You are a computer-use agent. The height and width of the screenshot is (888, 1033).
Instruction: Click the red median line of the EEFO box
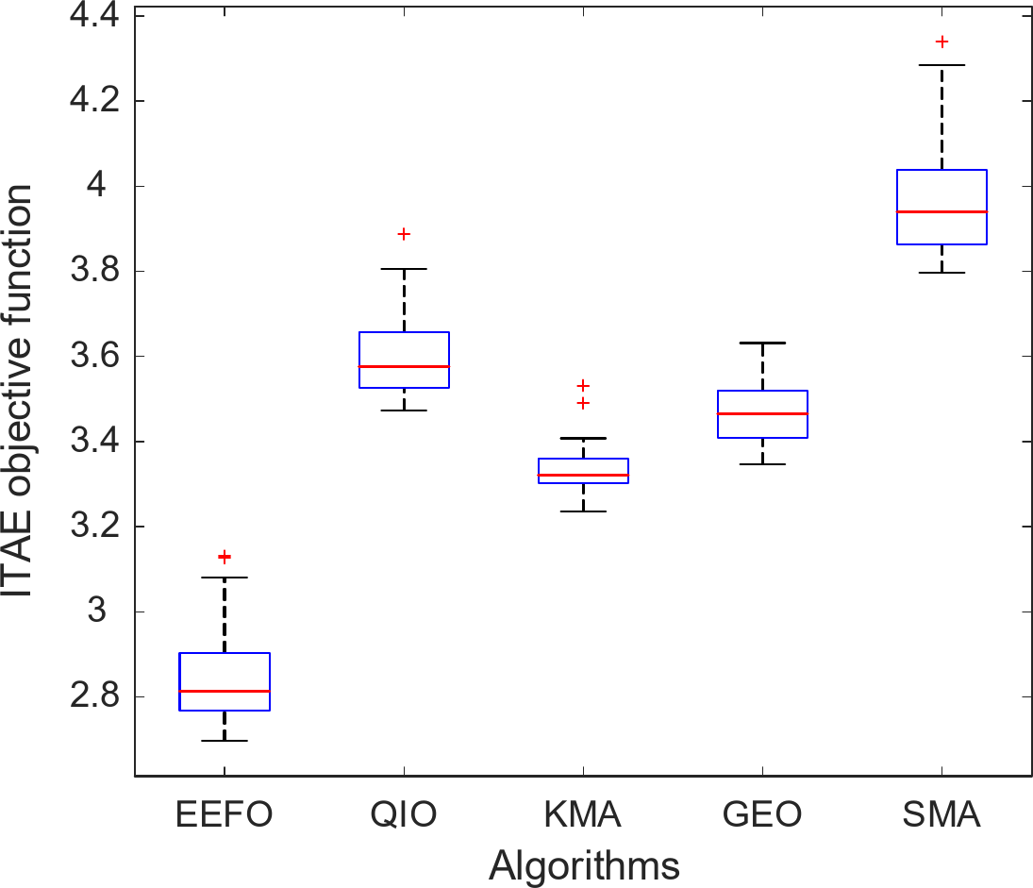225,691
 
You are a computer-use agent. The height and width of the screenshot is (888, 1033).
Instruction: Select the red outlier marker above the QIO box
404,234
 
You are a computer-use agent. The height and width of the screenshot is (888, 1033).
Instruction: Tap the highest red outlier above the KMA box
583,385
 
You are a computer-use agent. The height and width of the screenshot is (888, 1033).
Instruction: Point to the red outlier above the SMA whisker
941,42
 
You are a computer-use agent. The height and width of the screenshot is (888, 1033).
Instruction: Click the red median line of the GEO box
762,413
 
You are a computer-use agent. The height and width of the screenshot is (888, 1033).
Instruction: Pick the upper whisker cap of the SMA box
941,65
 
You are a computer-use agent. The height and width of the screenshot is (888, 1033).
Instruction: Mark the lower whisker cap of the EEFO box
225,741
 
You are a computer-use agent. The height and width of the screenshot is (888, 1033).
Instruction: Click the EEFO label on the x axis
225,815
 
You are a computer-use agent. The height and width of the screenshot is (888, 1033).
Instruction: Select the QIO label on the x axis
404,815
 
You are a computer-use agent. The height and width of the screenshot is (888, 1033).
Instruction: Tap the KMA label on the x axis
583,815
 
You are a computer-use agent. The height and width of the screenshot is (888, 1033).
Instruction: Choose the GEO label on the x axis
762,815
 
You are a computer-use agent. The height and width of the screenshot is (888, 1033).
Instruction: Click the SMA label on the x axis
941,815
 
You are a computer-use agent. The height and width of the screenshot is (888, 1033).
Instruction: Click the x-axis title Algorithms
585,864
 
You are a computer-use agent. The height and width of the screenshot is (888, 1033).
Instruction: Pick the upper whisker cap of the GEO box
762,343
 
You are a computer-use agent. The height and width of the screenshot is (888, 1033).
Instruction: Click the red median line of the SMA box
941,211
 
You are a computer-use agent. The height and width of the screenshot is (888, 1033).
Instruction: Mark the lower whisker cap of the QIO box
404,410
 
